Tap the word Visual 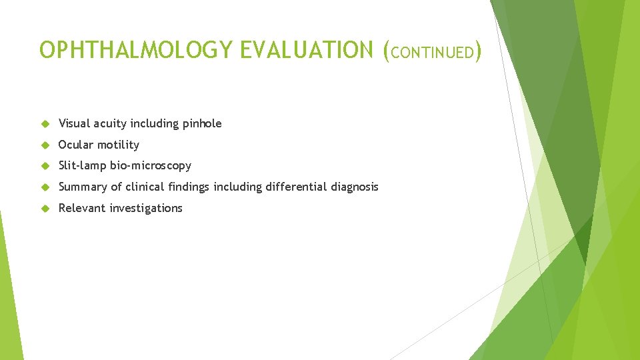74,123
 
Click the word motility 118,145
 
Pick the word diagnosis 355,187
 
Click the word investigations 146,208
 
